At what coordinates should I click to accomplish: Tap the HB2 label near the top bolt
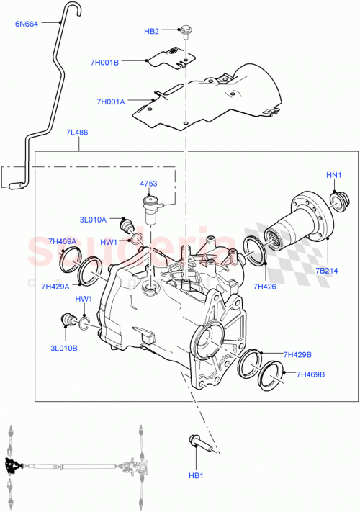(x=151, y=31)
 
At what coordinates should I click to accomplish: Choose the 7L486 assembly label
(x=78, y=133)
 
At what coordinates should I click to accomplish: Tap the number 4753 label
(x=148, y=184)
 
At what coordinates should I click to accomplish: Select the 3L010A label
(x=94, y=220)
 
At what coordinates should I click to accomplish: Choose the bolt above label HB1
(x=199, y=442)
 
